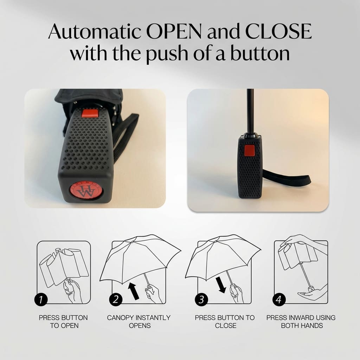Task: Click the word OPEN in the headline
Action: point(174,31)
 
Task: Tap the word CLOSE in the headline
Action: point(278,31)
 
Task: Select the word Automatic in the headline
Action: point(94,31)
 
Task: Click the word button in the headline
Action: point(260,53)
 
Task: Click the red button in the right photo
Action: point(249,150)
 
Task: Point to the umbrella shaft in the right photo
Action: point(250,111)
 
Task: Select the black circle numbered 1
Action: point(41,300)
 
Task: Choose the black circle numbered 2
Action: point(116,300)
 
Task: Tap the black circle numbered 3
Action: point(201,300)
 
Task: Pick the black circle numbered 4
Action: point(279,300)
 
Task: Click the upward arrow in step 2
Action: point(134,291)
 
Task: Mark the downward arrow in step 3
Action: point(221,285)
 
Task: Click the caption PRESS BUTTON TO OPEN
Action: point(63,322)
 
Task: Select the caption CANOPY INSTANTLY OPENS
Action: point(139,322)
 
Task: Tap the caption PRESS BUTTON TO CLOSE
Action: point(225,322)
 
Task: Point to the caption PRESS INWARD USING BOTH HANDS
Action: point(301,322)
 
